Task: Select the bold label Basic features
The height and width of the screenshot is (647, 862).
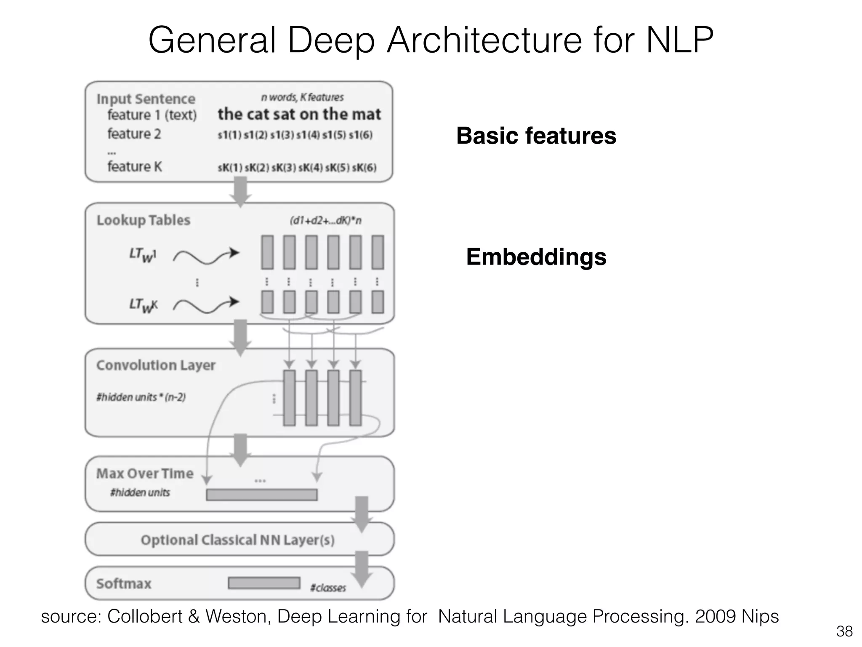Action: click(x=536, y=136)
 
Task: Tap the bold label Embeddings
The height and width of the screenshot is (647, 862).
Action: click(x=536, y=257)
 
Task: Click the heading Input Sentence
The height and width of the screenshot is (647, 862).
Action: click(x=146, y=99)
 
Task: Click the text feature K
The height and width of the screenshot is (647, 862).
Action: click(x=134, y=166)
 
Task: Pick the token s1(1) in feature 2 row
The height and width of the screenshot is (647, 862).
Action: click(x=229, y=135)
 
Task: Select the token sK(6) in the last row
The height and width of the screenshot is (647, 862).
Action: click(x=364, y=168)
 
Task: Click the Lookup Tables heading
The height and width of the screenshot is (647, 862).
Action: click(x=143, y=220)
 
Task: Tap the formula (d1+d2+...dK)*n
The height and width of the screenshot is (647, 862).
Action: click(x=325, y=220)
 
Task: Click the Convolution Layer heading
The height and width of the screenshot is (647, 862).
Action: click(x=155, y=365)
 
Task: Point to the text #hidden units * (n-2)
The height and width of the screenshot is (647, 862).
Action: click(x=141, y=397)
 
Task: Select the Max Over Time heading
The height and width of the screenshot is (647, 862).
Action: click(x=144, y=473)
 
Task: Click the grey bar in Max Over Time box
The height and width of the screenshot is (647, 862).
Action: click(x=261, y=495)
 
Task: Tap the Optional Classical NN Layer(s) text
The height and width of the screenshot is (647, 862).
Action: click(x=237, y=540)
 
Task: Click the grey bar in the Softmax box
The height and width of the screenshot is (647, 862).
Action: click(x=264, y=583)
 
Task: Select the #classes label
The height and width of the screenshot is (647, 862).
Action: click(x=328, y=588)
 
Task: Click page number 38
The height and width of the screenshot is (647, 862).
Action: click(x=844, y=631)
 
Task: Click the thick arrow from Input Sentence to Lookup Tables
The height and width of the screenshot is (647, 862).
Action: click(x=240, y=192)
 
